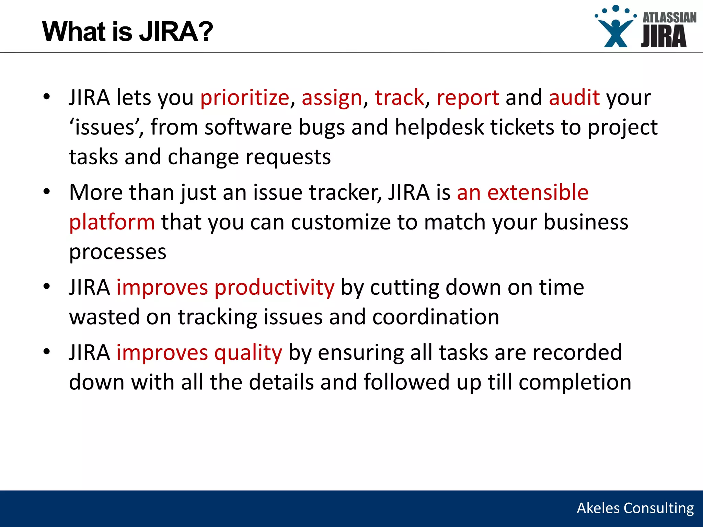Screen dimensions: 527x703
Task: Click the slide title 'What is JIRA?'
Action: (x=127, y=32)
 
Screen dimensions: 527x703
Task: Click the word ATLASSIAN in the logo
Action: (x=669, y=17)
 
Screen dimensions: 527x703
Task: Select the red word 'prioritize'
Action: (x=245, y=98)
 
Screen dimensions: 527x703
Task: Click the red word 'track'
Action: (x=399, y=98)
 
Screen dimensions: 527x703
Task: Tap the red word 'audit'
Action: (x=574, y=98)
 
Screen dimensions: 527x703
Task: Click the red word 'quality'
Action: (x=248, y=353)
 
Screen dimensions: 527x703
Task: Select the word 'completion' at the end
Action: (x=575, y=382)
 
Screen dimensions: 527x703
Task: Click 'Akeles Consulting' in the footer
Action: (x=635, y=508)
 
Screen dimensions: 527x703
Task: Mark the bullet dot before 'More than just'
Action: (x=47, y=192)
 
